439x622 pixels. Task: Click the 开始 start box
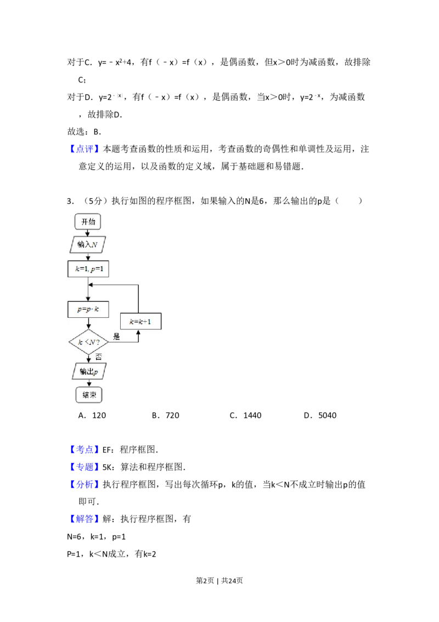(88, 221)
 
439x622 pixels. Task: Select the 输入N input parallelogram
(88, 244)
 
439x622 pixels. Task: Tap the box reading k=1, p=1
(88, 269)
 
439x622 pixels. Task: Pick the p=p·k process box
(88, 309)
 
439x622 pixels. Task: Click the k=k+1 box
(140, 321)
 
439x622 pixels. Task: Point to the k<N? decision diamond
(88, 342)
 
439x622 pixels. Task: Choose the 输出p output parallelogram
(88, 371)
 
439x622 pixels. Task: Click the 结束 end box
(88, 395)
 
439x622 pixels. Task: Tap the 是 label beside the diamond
(116, 337)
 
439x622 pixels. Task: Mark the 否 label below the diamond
(99, 356)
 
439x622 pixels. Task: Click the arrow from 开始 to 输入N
(88, 232)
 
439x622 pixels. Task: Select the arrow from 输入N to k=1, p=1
(88, 256)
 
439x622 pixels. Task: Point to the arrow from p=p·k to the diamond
(88, 324)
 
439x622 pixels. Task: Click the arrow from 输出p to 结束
(88, 383)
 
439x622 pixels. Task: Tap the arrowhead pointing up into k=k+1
(138, 332)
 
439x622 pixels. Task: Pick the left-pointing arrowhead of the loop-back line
(92, 285)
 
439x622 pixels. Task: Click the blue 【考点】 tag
(85, 450)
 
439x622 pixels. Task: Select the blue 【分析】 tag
(85, 485)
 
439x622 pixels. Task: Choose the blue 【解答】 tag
(85, 519)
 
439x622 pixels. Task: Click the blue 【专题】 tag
(85, 467)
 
